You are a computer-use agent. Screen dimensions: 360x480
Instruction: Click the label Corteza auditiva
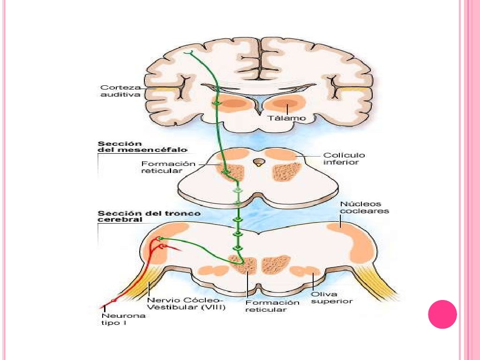[120, 90]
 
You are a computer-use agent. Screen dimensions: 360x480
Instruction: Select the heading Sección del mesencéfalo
[142, 146]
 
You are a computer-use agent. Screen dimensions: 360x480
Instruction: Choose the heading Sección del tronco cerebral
[149, 217]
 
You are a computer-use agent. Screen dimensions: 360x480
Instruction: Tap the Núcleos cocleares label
[361, 207]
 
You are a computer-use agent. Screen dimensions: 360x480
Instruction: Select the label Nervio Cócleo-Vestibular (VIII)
[186, 304]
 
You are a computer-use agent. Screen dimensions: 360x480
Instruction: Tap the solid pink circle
[442, 314]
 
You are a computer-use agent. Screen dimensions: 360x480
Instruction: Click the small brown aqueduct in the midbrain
[257, 162]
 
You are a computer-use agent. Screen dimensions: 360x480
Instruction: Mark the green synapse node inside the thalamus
[217, 103]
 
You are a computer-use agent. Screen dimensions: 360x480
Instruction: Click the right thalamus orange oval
[285, 104]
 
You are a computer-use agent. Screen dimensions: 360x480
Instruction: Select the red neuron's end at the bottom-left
[101, 307]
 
